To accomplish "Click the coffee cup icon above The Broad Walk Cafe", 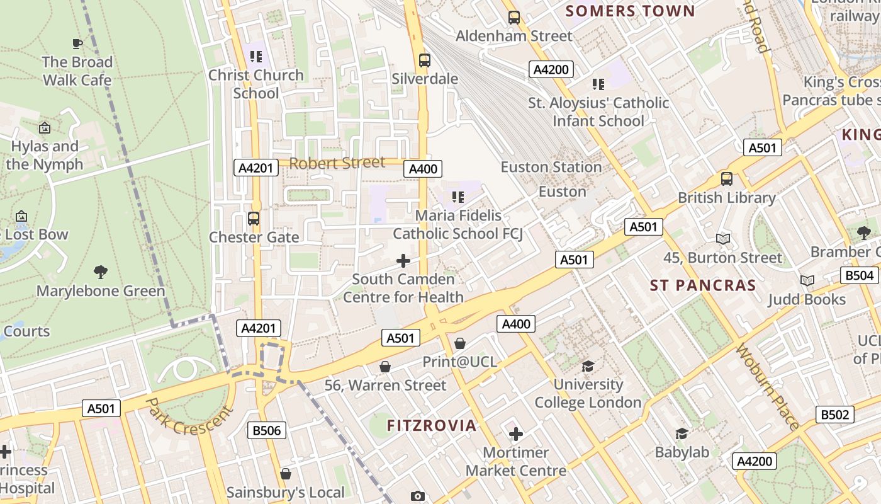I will click(x=77, y=43).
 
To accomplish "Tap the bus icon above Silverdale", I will click(x=425, y=60).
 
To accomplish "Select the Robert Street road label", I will click(x=337, y=163).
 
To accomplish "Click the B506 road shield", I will click(x=267, y=430).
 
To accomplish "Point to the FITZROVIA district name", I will click(x=432, y=426).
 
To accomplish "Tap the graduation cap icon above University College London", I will click(x=588, y=366).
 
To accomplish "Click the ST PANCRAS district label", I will click(x=703, y=285).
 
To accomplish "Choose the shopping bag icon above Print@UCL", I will click(x=460, y=343).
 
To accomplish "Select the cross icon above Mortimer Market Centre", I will click(x=516, y=434).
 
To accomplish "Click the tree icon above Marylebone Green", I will click(x=100, y=272).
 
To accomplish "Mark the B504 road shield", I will click(x=859, y=275).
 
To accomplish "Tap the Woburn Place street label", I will click(x=767, y=386).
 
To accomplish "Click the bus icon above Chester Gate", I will click(x=254, y=219).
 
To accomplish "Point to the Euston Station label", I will click(x=551, y=167).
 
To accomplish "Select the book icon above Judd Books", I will click(x=807, y=280).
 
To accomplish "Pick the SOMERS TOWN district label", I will click(x=630, y=11).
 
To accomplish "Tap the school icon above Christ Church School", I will click(x=255, y=57).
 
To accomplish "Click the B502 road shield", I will click(x=835, y=415).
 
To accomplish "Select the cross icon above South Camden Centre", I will click(x=403, y=261).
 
